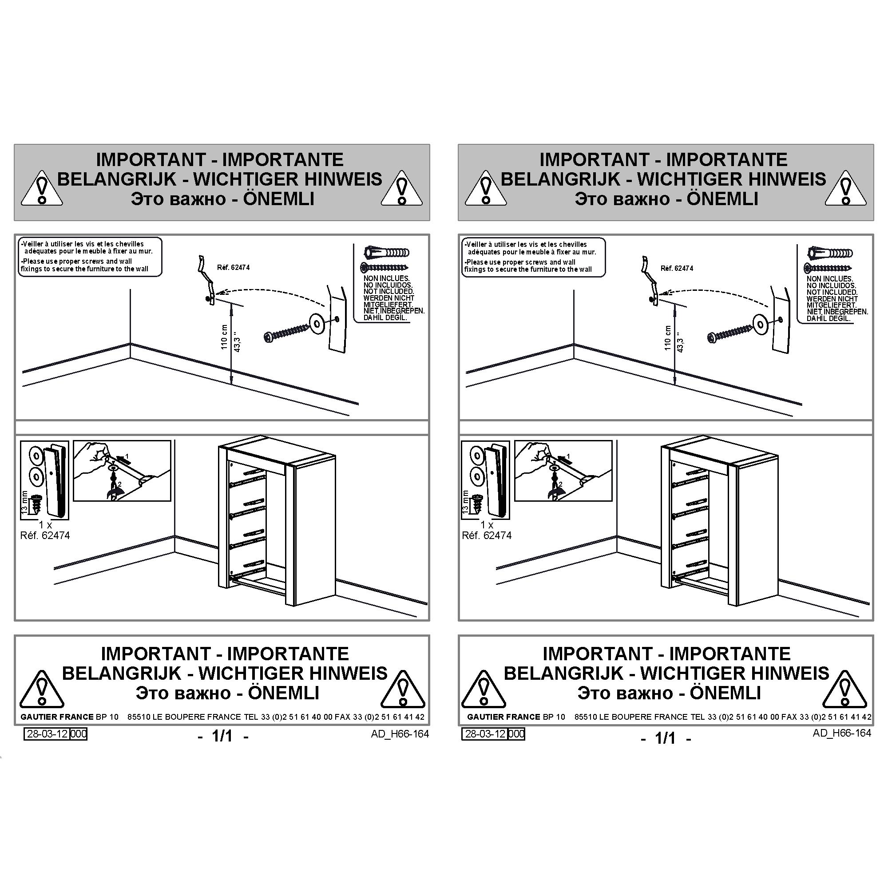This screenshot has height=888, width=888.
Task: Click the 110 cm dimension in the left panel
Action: click(x=224, y=337)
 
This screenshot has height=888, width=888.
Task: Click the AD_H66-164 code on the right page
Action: click(x=841, y=733)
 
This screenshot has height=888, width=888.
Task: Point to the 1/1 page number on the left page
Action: click(x=222, y=736)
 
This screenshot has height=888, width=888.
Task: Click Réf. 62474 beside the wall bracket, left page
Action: click(x=233, y=267)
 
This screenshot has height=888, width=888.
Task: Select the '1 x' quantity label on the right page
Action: click(x=487, y=524)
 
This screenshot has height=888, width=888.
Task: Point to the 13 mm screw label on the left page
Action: click(x=25, y=502)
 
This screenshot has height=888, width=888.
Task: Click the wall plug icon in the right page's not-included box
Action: click(x=830, y=252)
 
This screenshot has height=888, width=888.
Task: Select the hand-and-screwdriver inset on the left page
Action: click(x=122, y=471)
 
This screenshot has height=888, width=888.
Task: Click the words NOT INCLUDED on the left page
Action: click(x=388, y=291)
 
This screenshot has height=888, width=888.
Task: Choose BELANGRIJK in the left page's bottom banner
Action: click(x=122, y=674)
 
